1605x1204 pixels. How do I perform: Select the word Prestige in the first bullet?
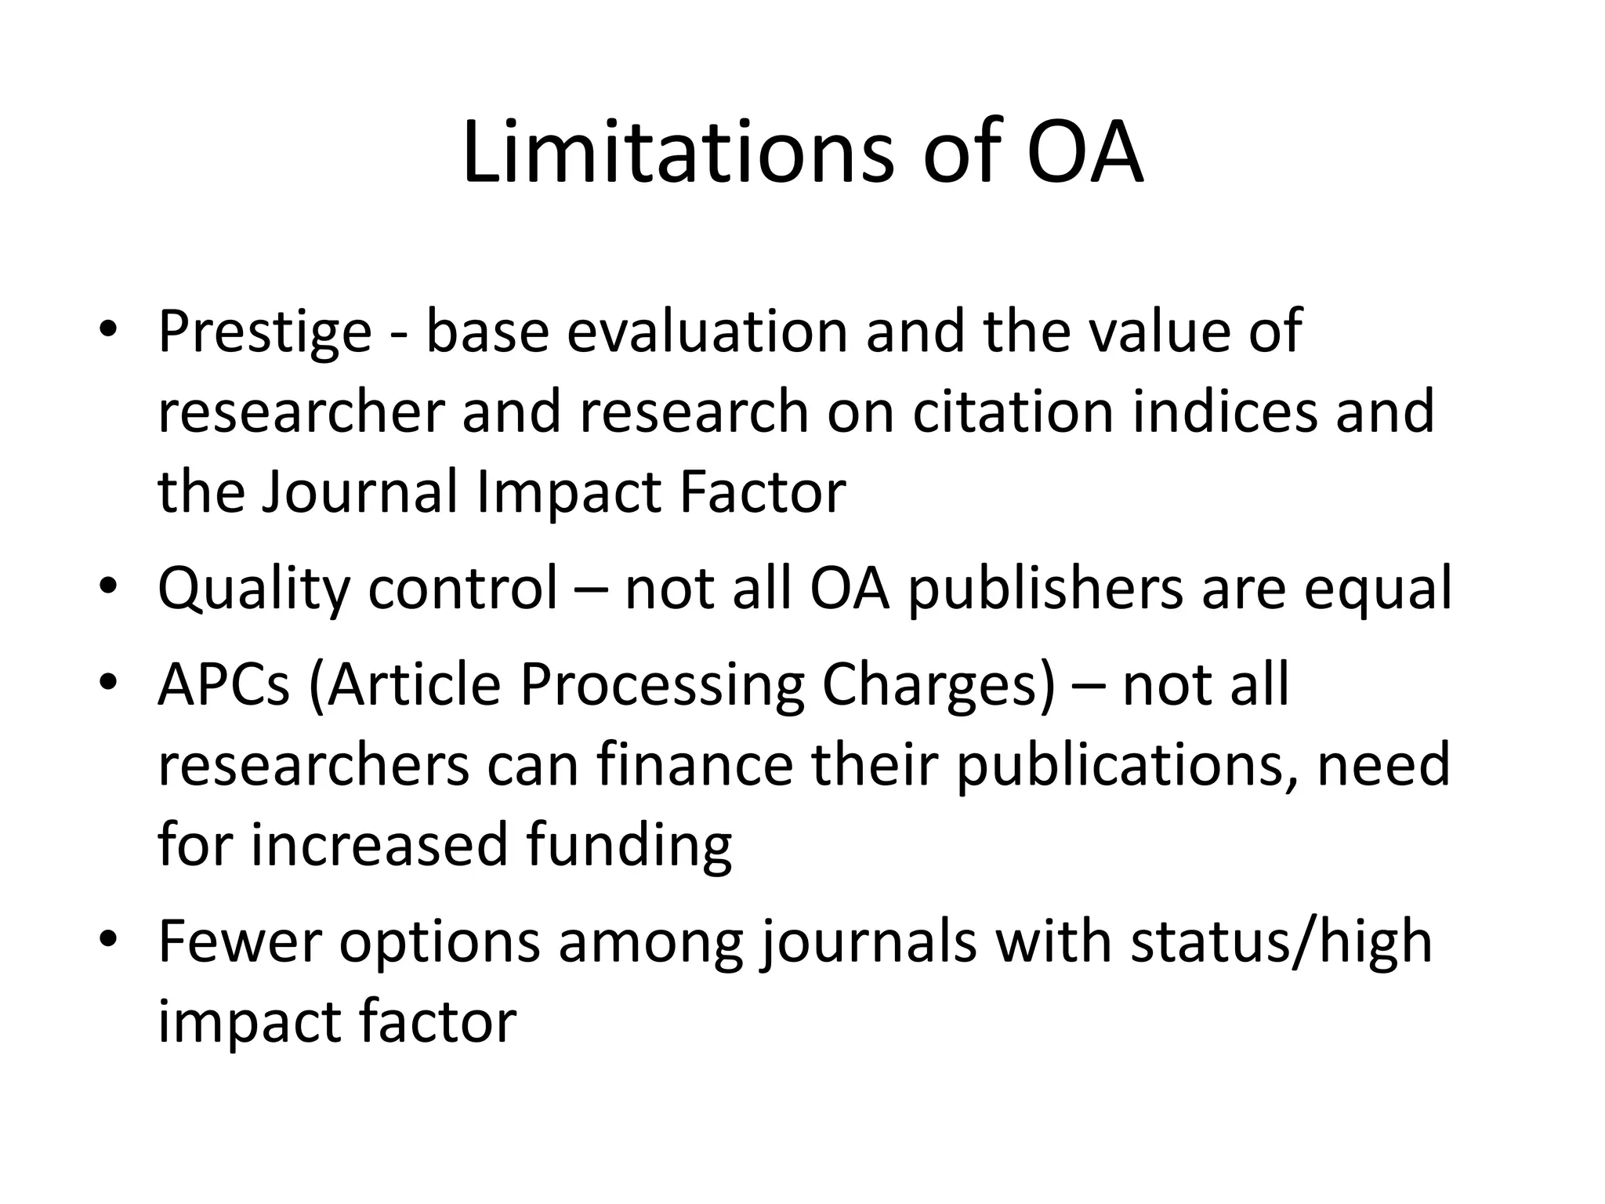[265, 333]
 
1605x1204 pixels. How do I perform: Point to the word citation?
[1013, 412]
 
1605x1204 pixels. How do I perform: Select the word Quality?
[254, 589]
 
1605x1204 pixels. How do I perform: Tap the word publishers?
[1045, 589]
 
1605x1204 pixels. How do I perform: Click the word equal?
[1378, 589]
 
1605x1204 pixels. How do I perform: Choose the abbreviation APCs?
[224, 685]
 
